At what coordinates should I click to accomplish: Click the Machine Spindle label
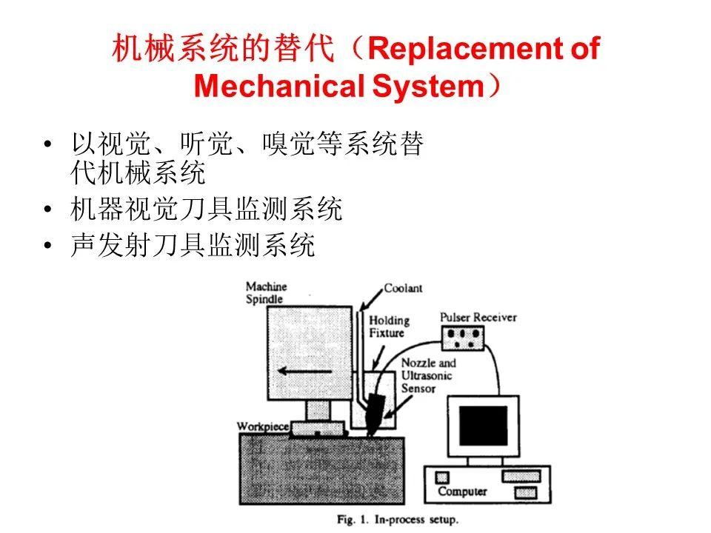tap(266, 293)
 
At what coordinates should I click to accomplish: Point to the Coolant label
tap(403, 288)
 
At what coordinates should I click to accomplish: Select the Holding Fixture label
tap(389, 326)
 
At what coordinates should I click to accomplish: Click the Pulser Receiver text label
tap(478, 318)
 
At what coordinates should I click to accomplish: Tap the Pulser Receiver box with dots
tap(463, 338)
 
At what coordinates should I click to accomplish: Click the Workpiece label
tap(263, 426)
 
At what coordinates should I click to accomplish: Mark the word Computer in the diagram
tap(462, 492)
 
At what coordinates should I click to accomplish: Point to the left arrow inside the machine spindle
tap(304, 371)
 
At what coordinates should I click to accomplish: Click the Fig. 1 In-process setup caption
tap(398, 520)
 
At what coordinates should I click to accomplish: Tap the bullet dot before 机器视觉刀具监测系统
tap(47, 209)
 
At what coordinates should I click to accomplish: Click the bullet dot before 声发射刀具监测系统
tap(47, 245)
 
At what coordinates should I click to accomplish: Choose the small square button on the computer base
tap(442, 477)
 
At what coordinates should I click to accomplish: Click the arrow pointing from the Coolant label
tap(372, 299)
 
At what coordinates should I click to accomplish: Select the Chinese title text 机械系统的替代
tap(223, 48)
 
